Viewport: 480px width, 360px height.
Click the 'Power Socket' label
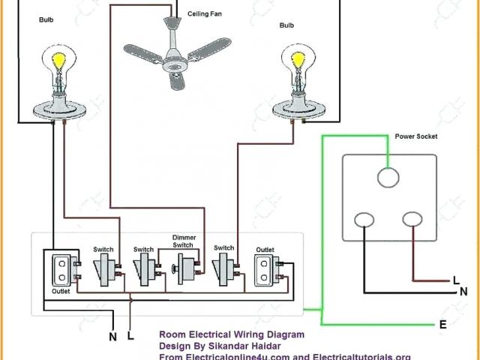(416, 136)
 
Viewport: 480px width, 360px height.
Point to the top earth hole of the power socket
(387, 177)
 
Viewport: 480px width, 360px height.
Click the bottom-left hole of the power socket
(364, 220)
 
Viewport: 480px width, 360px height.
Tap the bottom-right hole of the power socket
(412, 220)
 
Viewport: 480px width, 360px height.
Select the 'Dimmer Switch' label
(184, 240)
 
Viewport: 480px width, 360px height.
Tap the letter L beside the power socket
(457, 280)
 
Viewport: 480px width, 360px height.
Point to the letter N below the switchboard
(113, 337)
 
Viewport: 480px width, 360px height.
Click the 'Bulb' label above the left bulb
(46, 20)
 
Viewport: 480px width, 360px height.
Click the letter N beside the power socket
(464, 291)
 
